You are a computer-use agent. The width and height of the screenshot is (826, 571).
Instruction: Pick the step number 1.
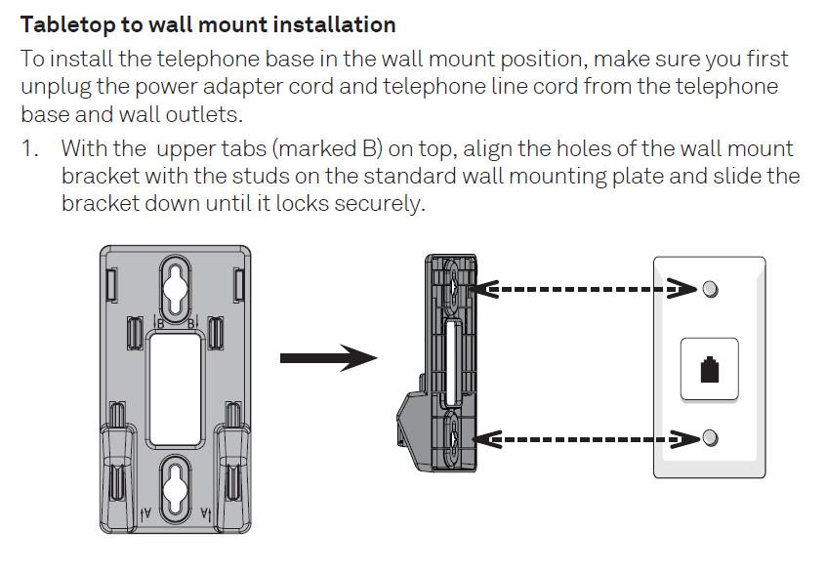pos(30,149)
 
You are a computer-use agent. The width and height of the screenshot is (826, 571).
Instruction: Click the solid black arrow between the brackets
pos(328,358)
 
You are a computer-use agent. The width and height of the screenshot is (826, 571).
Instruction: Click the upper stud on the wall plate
pos(710,289)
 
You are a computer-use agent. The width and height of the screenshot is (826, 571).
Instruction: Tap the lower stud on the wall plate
pos(710,437)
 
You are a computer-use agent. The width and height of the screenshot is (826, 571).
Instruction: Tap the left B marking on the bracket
pos(158,321)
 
